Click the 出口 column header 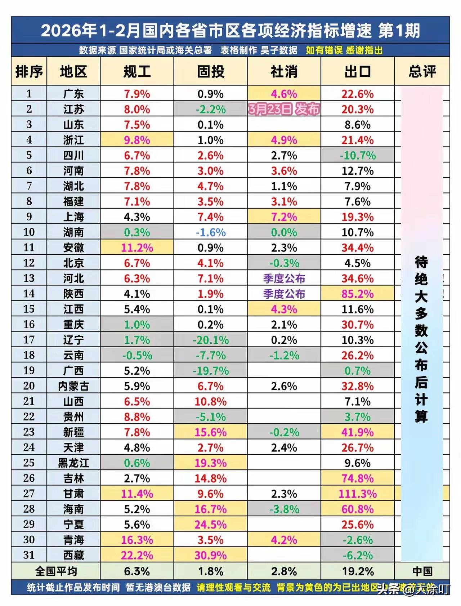357,71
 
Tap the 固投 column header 210,71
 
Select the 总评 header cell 422,71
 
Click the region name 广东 73,94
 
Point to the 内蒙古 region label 73,386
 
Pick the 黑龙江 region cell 73,463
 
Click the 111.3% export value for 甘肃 357,494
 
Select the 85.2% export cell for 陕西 357,294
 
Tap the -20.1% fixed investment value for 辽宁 210,340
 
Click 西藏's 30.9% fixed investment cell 210,555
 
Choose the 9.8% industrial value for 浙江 137,140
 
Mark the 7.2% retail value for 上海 284,217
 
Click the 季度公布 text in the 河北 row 284,279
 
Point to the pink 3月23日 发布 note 284,109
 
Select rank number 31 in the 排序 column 29,555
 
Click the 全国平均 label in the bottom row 56,571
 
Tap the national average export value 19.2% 357,571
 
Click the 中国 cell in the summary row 422,571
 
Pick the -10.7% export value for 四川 357,156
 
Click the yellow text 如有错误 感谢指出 344,50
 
